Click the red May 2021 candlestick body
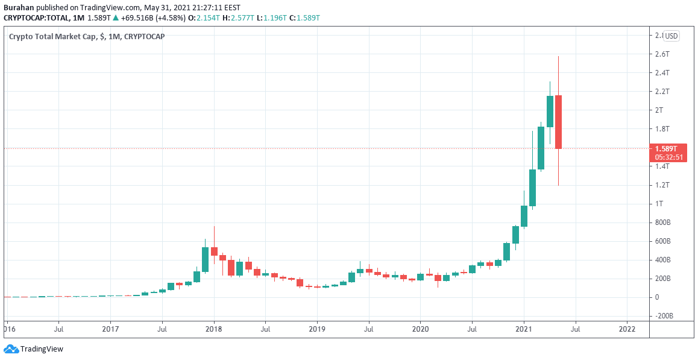pyautogui.click(x=559, y=122)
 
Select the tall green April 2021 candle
pyautogui.click(x=550, y=112)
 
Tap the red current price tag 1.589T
pyautogui.click(x=668, y=148)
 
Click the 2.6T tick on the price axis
pyautogui.click(x=662, y=54)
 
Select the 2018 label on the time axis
pyautogui.click(x=213, y=329)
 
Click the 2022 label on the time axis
pyautogui.click(x=627, y=329)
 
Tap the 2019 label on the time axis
pyautogui.click(x=317, y=329)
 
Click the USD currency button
pyautogui.click(x=671, y=36)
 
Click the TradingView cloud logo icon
pyautogui.click(x=11, y=349)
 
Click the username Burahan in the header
pyautogui.click(x=19, y=8)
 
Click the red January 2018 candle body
pyautogui.click(x=214, y=251)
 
